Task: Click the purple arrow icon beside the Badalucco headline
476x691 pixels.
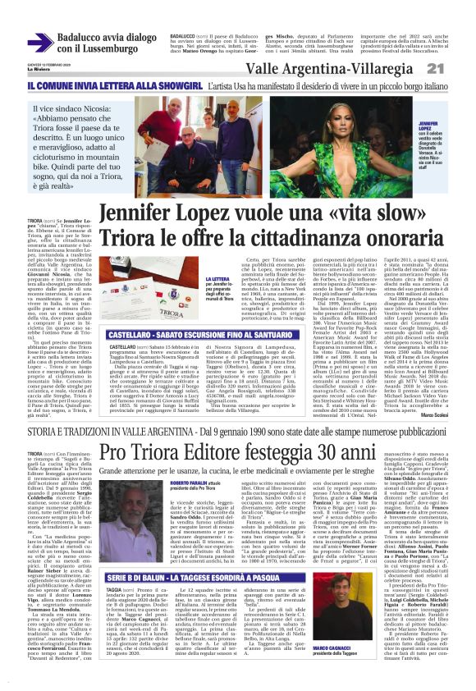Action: [x=40, y=43]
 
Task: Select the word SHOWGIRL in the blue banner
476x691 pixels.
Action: [x=175, y=85]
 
